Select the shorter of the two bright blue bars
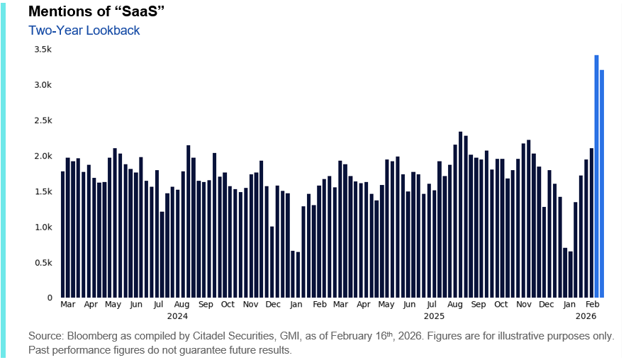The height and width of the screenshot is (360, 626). pos(602,184)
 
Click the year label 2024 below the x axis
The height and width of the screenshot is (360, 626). pos(177,315)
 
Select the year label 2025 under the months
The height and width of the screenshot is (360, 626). pos(433,315)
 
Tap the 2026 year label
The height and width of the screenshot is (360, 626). pos(586,315)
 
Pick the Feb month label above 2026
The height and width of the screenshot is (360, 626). pos(592,304)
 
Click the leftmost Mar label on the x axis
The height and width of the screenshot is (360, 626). pos(68,304)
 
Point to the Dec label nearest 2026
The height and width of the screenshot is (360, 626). pos(546,304)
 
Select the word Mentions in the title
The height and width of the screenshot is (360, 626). pos(60,13)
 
